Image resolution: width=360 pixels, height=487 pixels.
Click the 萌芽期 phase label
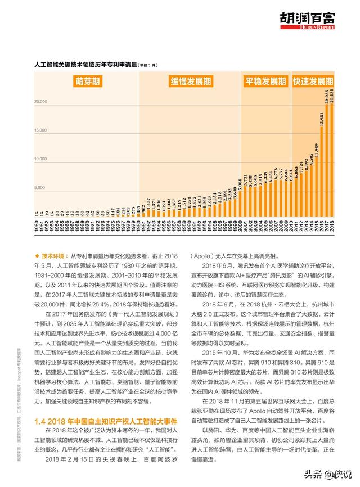click(89, 82)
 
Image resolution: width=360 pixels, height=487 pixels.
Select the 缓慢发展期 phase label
click(191, 82)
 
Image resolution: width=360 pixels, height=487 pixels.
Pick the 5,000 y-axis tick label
click(41, 188)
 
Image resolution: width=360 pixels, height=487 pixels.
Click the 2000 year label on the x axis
click(240, 228)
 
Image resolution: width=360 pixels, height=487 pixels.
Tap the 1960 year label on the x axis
click(37, 228)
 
